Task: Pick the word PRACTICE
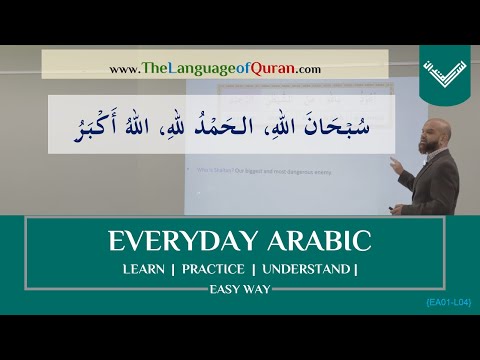[215, 270]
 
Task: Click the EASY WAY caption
[239, 290]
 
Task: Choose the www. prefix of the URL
[123, 69]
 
